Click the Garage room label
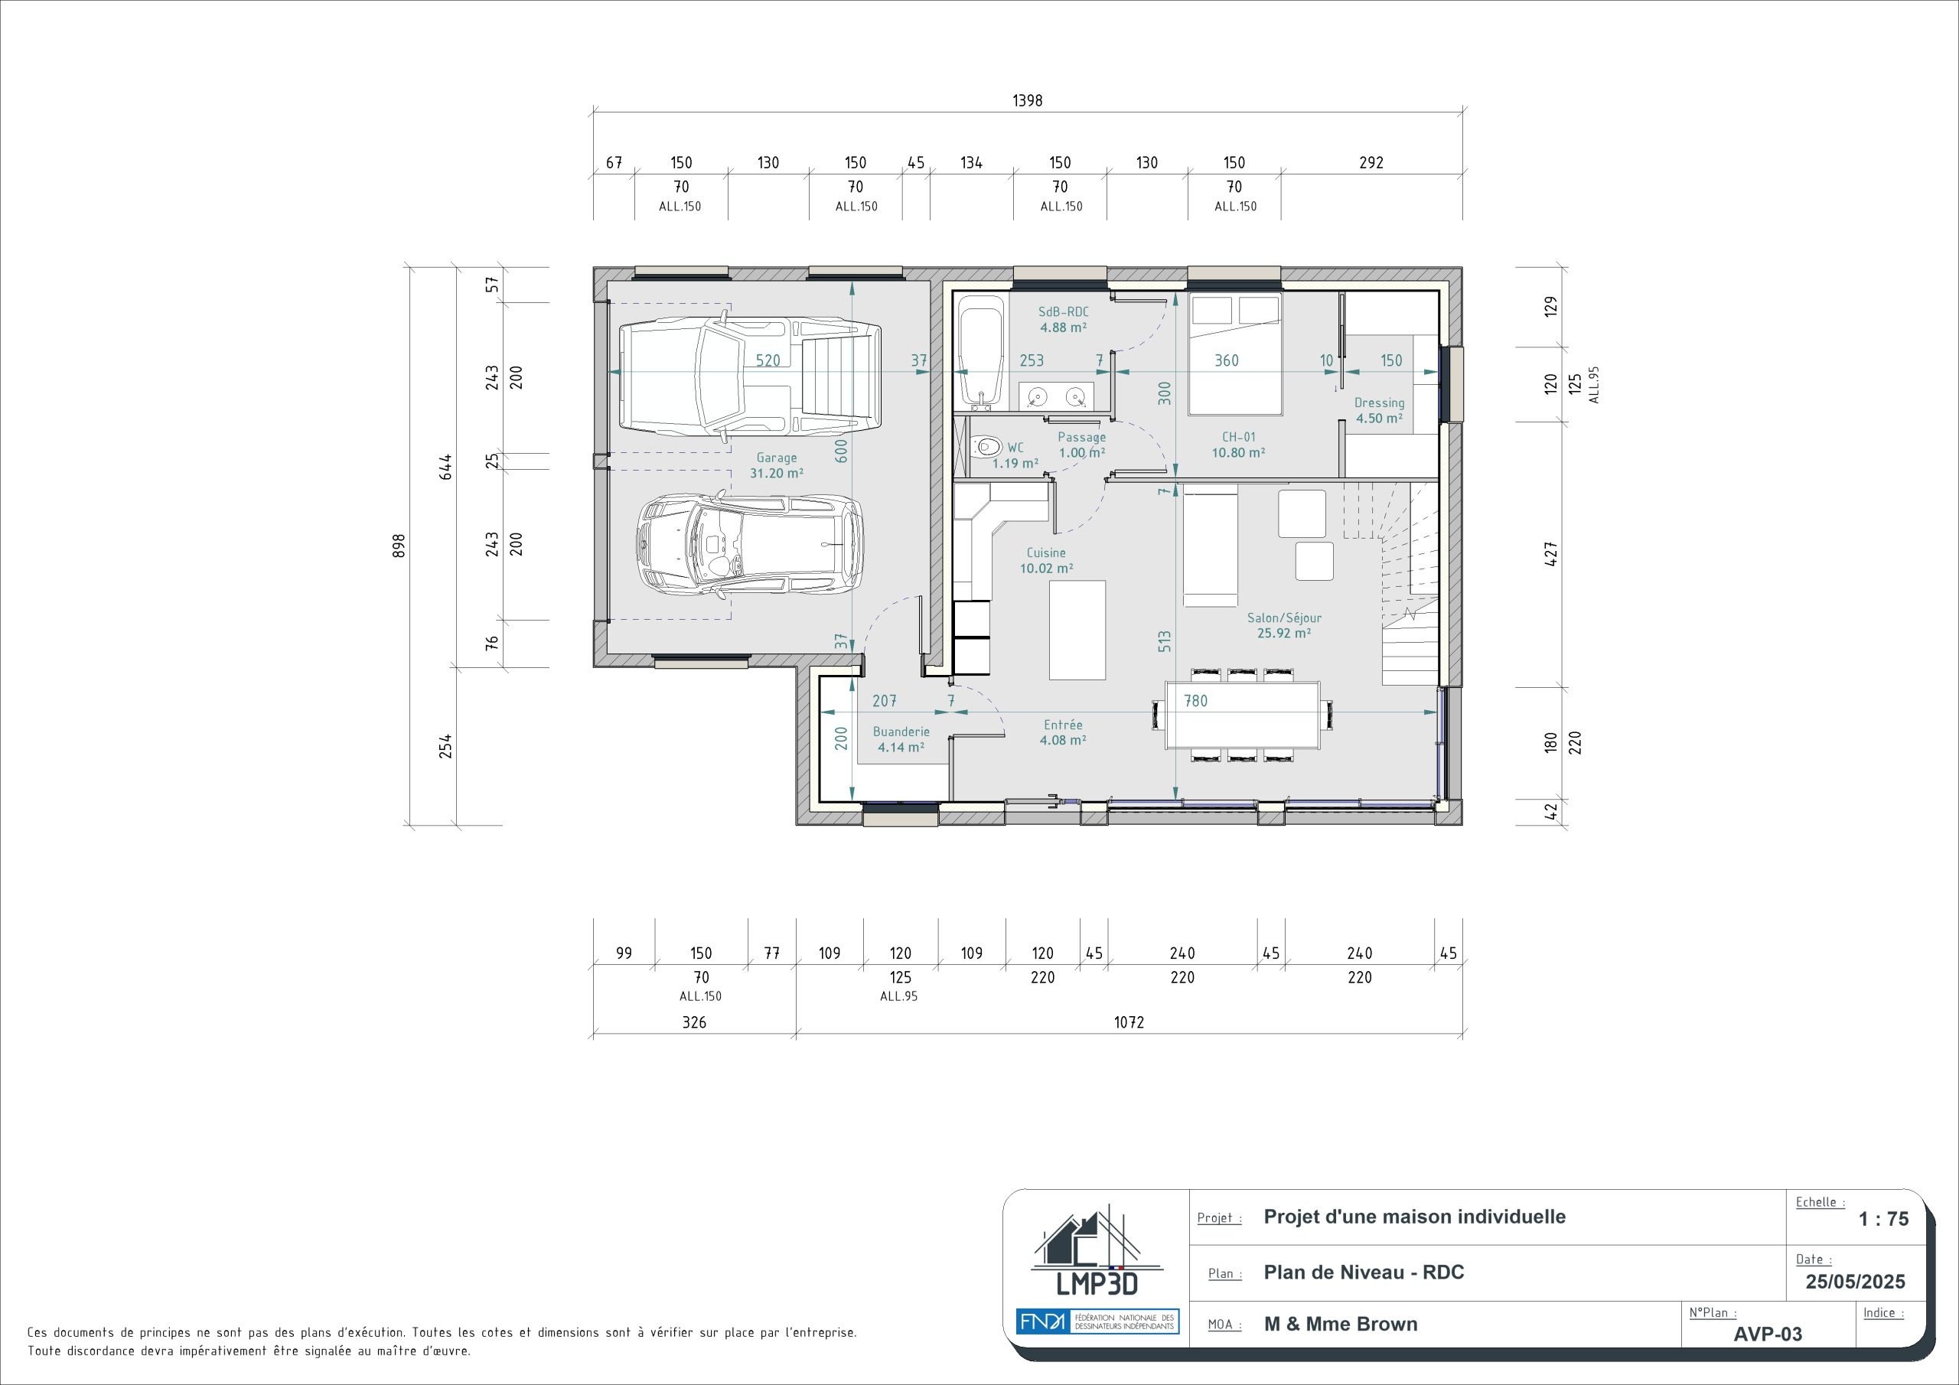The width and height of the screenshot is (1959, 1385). [x=777, y=458]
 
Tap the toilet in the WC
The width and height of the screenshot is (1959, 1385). [x=986, y=445]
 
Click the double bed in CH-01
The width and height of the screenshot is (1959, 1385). [x=1235, y=354]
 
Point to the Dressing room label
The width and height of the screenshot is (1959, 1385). [x=1379, y=402]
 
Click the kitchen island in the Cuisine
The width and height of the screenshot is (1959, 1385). [x=1077, y=629]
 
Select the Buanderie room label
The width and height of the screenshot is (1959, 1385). [x=901, y=732]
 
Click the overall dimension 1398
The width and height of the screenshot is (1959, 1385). [x=1027, y=101]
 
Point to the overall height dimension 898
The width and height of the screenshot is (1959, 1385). [x=399, y=546]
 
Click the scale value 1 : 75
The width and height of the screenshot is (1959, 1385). [x=1884, y=1220]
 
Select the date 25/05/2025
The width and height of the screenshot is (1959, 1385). [x=1855, y=1282]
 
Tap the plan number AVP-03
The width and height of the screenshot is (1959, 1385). [x=1768, y=1334]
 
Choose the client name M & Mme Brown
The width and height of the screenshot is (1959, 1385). [x=1341, y=1325]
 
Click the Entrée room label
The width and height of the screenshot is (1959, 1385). [x=1063, y=725]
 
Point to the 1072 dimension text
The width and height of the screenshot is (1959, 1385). [x=1129, y=1022]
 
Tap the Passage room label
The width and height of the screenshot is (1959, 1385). [x=1082, y=437]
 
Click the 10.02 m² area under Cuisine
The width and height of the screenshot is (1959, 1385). [x=1047, y=569]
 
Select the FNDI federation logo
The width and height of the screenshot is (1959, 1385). [x=1097, y=1321]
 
